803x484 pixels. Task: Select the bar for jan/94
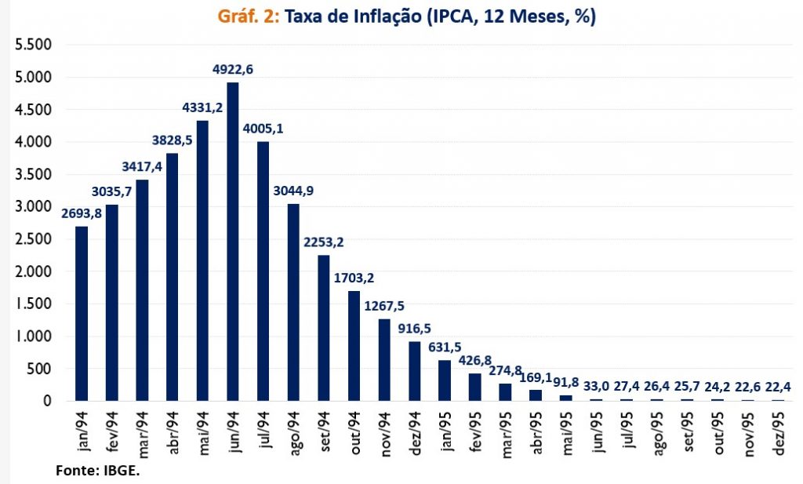(x=82, y=314)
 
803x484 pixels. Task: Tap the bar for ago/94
(x=293, y=302)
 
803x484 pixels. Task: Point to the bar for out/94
(x=354, y=346)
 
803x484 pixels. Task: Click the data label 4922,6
(x=233, y=70)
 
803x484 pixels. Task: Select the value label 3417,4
(x=142, y=167)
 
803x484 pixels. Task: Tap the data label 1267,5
(x=384, y=305)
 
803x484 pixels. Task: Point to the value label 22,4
(x=777, y=387)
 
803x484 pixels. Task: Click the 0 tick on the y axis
(x=46, y=401)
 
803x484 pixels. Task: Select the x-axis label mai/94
(x=203, y=430)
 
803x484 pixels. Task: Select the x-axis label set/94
(x=324, y=430)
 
